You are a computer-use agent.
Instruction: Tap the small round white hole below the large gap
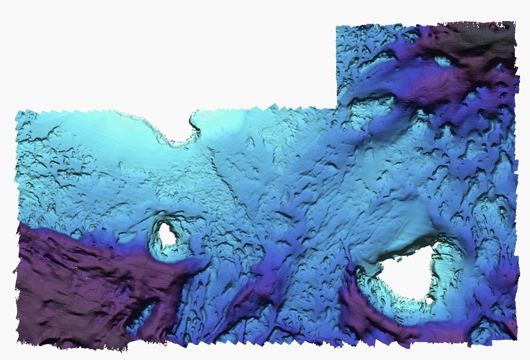[x=429, y=300]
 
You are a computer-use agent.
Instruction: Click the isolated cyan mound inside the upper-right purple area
[x=443, y=61]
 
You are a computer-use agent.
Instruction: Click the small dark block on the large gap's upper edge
[x=398, y=260]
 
